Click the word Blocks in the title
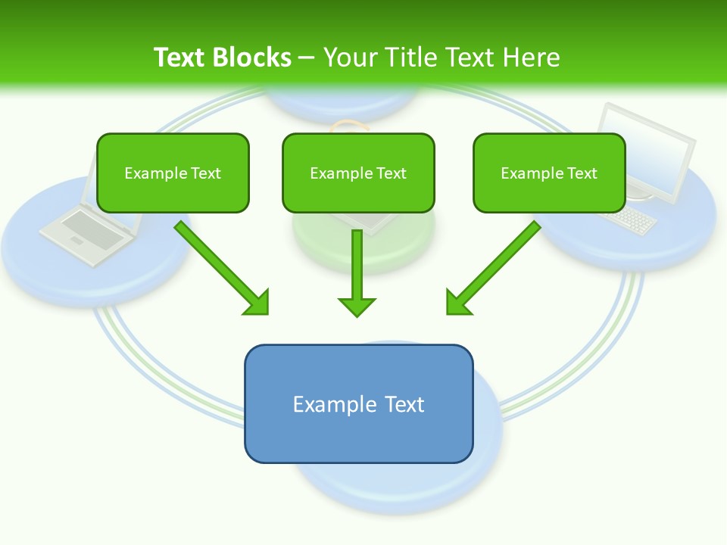pyautogui.click(x=254, y=58)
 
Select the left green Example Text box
pyautogui.click(x=173, y=173)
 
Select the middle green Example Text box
pyautogui.click(x=358, y=173)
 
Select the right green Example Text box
pyautogui.click(x=549, y=173)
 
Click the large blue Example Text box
pyautogui.click(x=359, y=404)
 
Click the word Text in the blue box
pyautogui.click(x=405, y=404)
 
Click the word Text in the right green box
pyautogui.click(x=582, y=173)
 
